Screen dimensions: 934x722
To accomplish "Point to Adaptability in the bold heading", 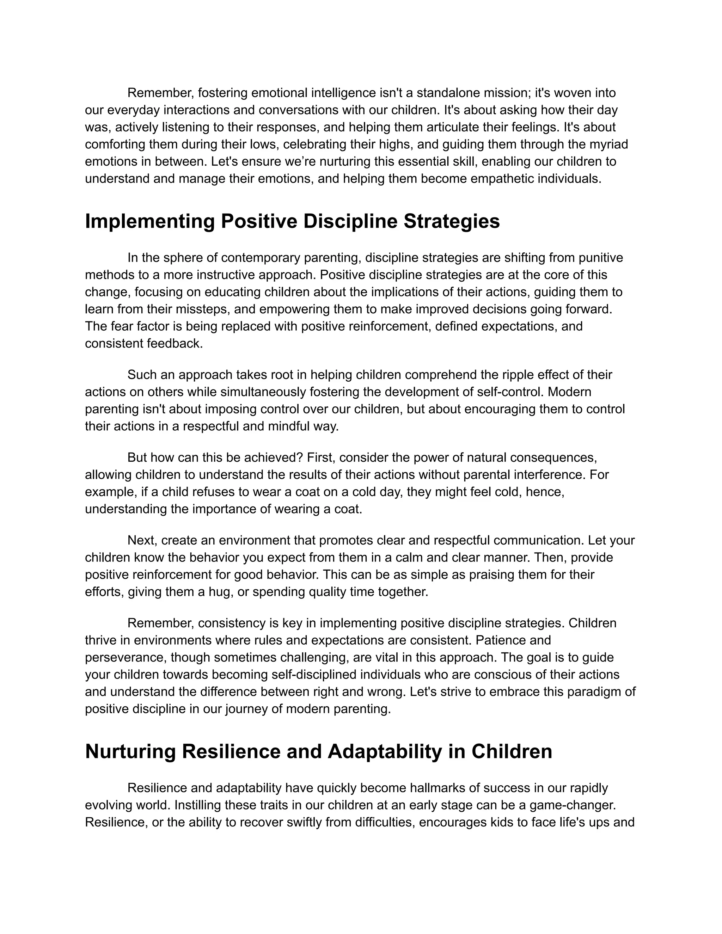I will [x=385, y=752].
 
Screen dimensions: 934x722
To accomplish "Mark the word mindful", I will [x=290, y=426].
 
